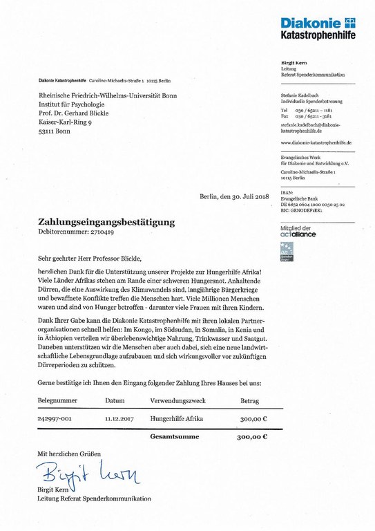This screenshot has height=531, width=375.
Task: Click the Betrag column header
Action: (x=249, y=400)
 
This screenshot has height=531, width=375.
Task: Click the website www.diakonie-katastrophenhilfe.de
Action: (x=317, y=142)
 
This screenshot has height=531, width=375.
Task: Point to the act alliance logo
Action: (x=298, y=232)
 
